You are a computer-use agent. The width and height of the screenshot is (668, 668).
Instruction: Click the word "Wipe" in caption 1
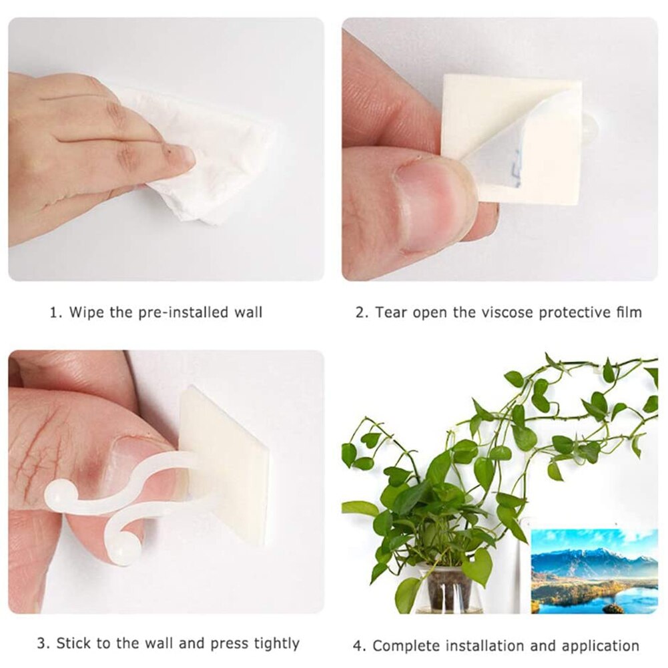coord(85,312)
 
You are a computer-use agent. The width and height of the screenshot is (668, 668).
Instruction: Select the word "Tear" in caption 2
coord(392,312)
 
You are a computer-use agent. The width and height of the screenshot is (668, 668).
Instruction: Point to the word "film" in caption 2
coord(627,312)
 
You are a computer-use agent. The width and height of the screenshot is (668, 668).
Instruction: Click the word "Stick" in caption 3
coord(75,643)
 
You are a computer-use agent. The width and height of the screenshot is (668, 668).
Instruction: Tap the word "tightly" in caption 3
coord(276,643)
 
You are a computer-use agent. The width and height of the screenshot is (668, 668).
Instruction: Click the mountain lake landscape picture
coord(594,571)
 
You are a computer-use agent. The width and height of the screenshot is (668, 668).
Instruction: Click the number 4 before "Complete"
coord(357,646)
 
